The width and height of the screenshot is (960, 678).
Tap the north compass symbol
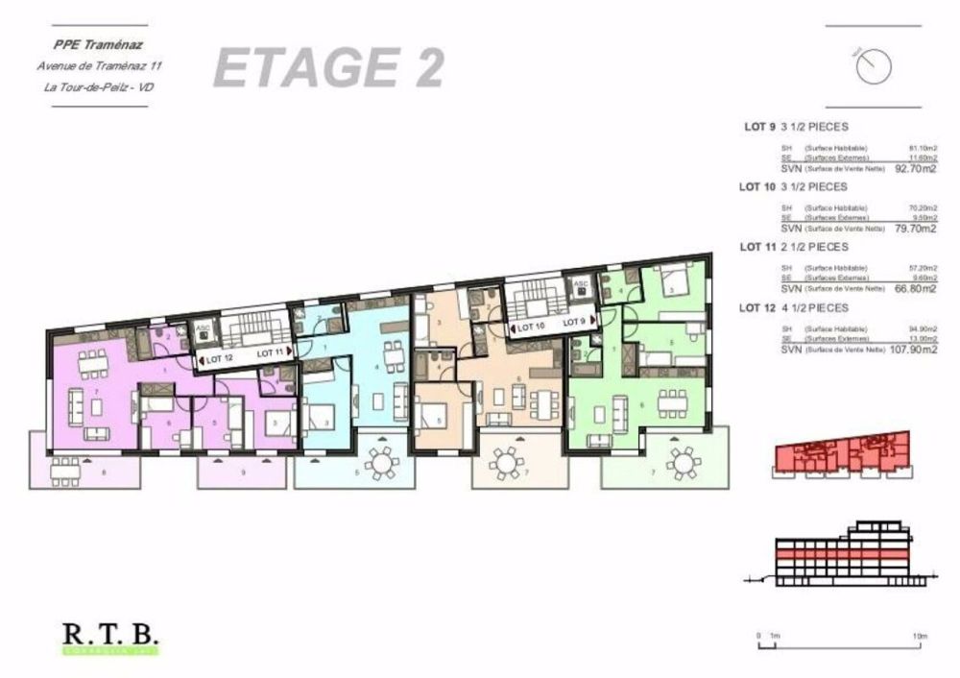coord(875,64)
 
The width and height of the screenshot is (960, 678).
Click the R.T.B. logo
coord(110,636)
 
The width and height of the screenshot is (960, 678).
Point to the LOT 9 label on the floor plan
coord(576,324)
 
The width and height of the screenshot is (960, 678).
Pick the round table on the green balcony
coord(683,464)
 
